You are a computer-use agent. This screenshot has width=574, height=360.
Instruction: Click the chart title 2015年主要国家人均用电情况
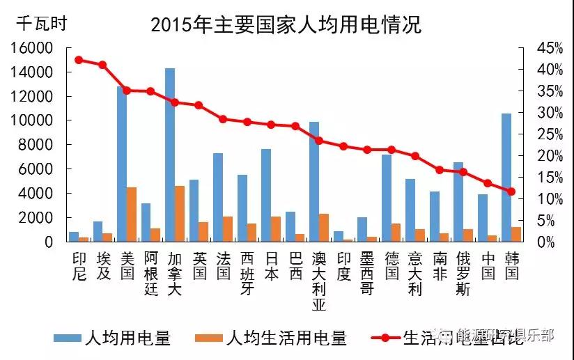coord(286,26)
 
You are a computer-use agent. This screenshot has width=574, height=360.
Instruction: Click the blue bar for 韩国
coord(506,177)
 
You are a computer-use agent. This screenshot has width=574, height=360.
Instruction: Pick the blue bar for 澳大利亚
coord(314,181)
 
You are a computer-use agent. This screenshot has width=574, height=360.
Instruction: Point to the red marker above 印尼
coord(79,60)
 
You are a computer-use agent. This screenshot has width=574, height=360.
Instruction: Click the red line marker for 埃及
coord(102,65)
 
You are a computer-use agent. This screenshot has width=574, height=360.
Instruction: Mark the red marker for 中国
coord(488,183)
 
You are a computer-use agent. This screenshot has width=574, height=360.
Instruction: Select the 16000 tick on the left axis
coord(33,48)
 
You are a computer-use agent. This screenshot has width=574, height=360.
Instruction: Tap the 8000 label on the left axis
coord(37,145)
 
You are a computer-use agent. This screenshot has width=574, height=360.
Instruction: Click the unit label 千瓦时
coord(42,23)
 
